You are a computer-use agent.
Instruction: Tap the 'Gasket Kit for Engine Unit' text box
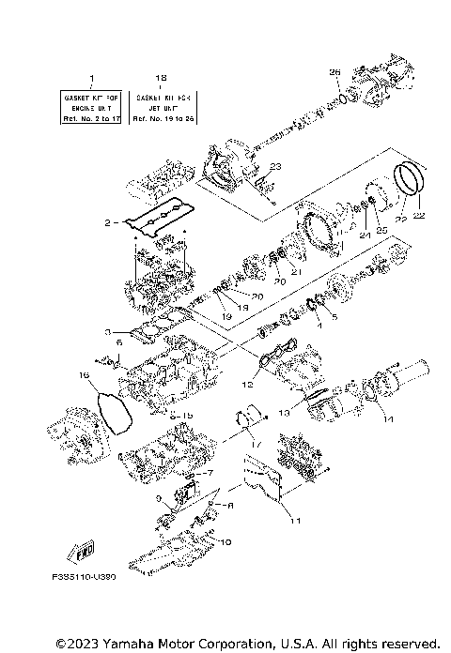(92, 107)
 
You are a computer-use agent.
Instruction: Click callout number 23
(274, 166)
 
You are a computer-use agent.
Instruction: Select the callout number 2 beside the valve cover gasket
(108, 223)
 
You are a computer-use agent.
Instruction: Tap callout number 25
(381, 229)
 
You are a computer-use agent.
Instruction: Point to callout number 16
(84, 375)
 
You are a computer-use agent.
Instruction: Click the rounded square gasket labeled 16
(114, 412)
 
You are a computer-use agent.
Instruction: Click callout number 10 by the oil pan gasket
(225, 541)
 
